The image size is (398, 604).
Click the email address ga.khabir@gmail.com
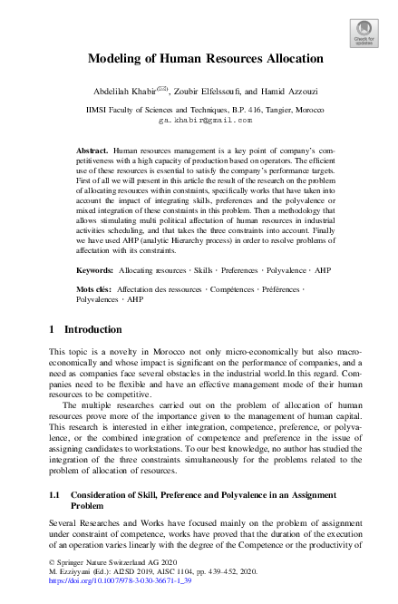[x=199, y=119]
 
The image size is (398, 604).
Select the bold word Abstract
[x=92, y=148]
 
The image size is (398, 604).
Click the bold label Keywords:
[x=94, y=246]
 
